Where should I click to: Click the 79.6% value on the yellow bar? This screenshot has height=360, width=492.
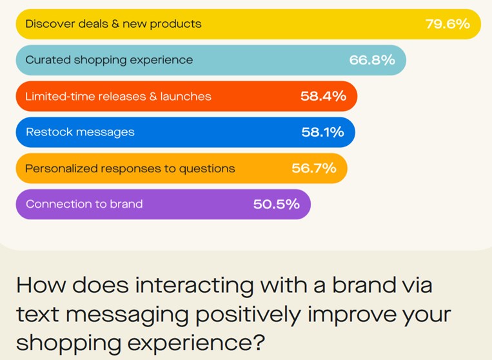(448, 24)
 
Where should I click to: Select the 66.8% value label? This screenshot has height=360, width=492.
(372, 59)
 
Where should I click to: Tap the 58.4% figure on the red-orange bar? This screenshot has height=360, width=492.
(323, 96)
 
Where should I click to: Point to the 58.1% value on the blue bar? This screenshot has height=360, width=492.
(322, 132)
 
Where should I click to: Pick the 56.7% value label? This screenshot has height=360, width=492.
(314, 168)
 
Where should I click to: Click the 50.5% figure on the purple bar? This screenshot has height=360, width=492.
(277, 205)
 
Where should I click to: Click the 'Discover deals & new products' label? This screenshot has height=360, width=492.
(113, 24)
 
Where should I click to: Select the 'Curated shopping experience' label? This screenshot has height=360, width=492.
(109, 60)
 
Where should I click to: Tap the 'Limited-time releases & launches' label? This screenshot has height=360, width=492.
(118, 96)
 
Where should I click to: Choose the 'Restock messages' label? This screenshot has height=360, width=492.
(81, 132)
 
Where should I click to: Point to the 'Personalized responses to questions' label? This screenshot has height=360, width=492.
(130, 169)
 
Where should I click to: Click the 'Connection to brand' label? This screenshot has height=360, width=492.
(84, 205)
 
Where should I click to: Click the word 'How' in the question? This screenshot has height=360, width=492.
(41, 285)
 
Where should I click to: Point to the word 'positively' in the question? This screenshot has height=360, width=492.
(248, 314)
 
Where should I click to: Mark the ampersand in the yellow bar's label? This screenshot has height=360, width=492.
(115, 24)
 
